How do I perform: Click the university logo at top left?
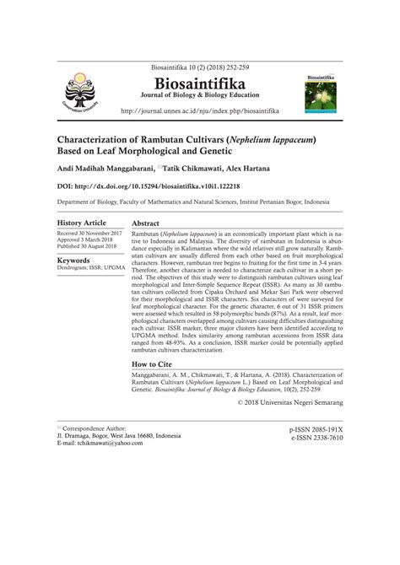[73, 90]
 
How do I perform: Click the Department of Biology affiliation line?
[200, 202]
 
